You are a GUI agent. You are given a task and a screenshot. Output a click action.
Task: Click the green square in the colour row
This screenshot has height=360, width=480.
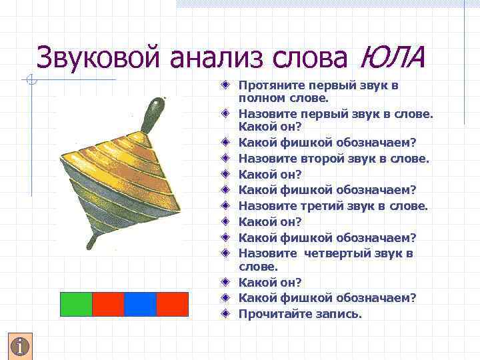pyautogui.click(x=76, y=304)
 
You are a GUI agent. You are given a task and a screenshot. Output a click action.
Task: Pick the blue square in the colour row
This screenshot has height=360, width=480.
pyautogui.click(x=140, y=304)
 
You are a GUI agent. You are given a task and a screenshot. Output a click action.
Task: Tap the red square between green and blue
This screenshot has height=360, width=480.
pyautogui.click(x=108, y=304)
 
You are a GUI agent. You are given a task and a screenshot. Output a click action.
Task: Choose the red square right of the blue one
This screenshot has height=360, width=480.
pyautogui.click(x=172, y=304)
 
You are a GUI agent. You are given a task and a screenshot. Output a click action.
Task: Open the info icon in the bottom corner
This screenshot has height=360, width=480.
pyautogui.click(x=21, y=346)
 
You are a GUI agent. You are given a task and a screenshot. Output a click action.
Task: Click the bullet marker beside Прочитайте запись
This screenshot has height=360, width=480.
pyautogui.click(x=227, y=313)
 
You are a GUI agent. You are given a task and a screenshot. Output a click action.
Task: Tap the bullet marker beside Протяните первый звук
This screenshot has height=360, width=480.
pyautogui.click(x=227, y=86)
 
